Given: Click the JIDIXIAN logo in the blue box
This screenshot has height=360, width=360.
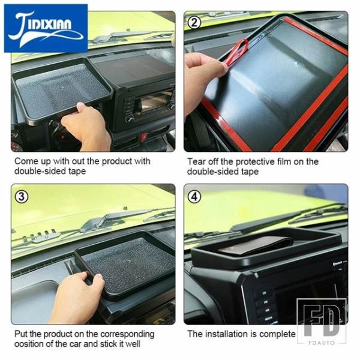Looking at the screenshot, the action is (x=46, y=28).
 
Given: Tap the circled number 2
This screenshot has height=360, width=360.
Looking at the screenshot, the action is (x=194, y=23).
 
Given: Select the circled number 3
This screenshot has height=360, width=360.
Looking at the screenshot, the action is (x=22, y=197).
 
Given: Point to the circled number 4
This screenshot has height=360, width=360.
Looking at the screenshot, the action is (x=194, y=197).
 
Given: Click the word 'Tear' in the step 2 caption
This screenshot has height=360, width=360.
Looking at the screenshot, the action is (x=196, y=161).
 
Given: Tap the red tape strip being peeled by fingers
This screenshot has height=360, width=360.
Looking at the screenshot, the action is (x=236, y=51).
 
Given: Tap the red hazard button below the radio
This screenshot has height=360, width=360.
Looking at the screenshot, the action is (x=143, y=136).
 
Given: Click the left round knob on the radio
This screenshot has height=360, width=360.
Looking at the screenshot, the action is (x=130, y=119).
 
